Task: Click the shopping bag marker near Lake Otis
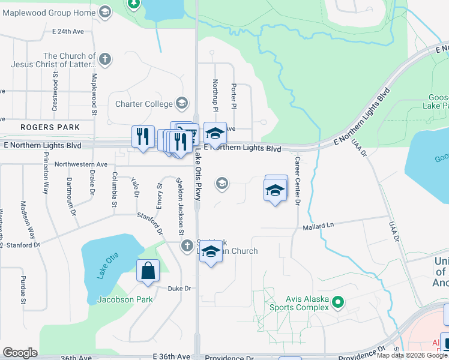148,271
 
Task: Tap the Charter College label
143,104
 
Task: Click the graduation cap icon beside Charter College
181,103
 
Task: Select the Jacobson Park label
125,299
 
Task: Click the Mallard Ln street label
318,227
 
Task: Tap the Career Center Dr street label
297,181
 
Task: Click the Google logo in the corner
20,353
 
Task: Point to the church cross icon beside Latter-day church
105,58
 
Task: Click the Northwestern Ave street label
80,164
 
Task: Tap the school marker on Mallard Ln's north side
276,190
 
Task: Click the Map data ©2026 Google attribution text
412,355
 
